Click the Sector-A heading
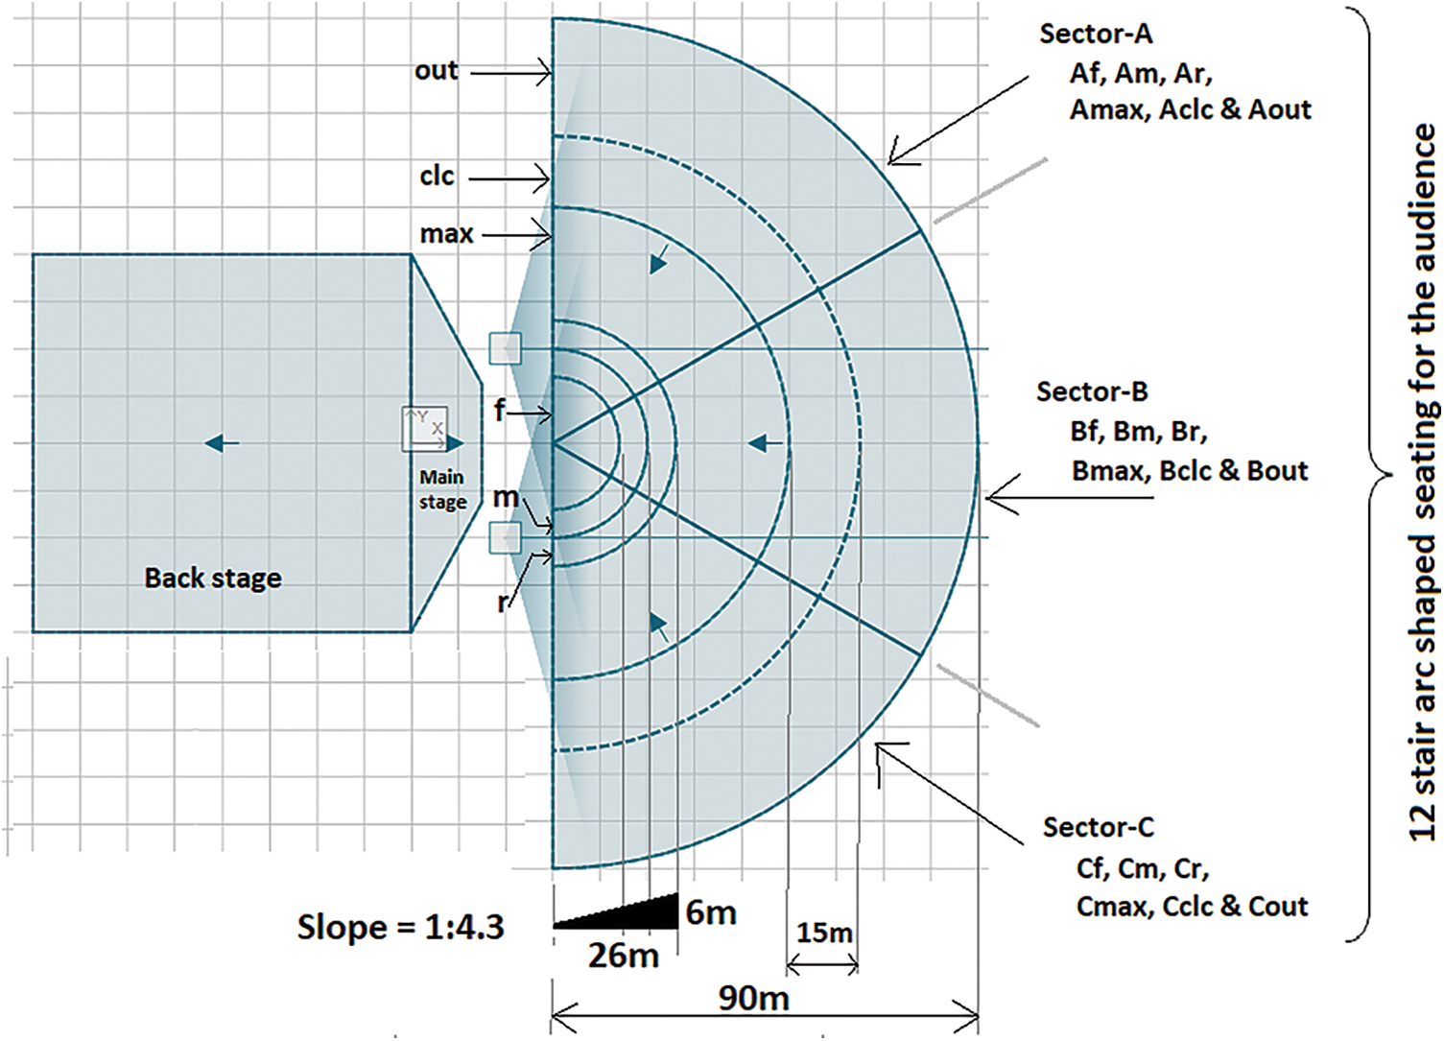1096,35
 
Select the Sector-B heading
1093,391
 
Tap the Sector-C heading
1100,827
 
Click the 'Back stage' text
213,579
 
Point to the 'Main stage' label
442,489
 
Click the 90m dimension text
753,999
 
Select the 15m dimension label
824,933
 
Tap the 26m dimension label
624,957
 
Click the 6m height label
710,912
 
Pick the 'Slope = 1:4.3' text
400,928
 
